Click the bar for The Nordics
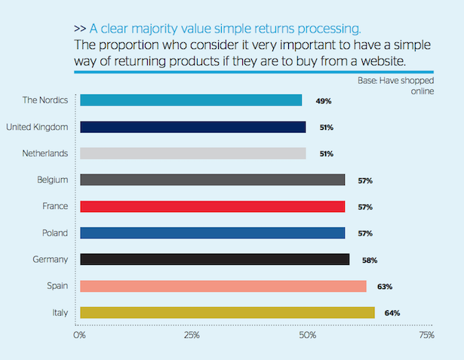[191, 100]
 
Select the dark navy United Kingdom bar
[192, 127]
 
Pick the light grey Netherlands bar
[192, 153]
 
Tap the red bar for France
[212, 207]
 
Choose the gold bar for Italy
[227, 312]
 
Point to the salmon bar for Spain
[223, 286]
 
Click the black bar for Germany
[214, 260]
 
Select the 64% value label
[392, 312]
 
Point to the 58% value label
[368, 260]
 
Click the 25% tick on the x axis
[192, 334]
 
